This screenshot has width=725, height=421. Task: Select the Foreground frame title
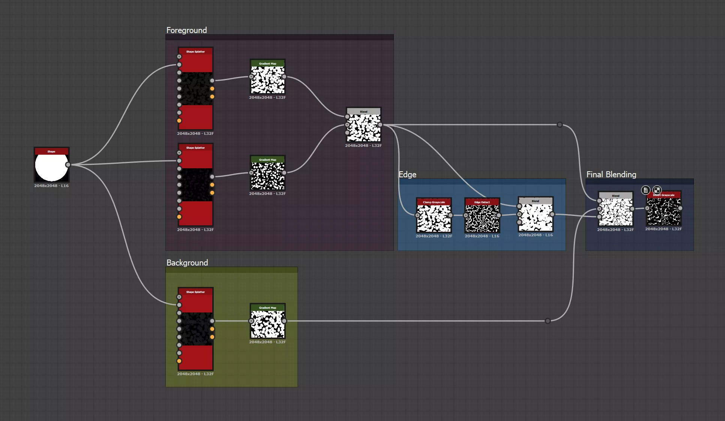[186, 30]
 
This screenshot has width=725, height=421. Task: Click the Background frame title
[187, 263]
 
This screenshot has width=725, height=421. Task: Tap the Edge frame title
[407, 174]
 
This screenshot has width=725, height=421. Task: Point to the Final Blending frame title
[611, 174]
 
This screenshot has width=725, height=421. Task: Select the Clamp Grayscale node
[434, 218]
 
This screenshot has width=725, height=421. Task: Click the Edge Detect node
[482, 218]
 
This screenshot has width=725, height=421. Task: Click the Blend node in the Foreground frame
[363, 128]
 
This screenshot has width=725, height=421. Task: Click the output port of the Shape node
[68, 164]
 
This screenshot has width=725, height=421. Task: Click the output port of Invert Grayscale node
[680, 208]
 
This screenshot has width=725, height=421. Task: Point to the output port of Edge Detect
[498, 215]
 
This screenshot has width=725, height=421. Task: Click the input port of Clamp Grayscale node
[417, 215]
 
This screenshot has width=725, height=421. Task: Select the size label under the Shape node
[51, 186]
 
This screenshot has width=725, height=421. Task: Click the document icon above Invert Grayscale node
[645, 190]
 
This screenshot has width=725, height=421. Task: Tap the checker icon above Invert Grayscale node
[657, 190]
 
